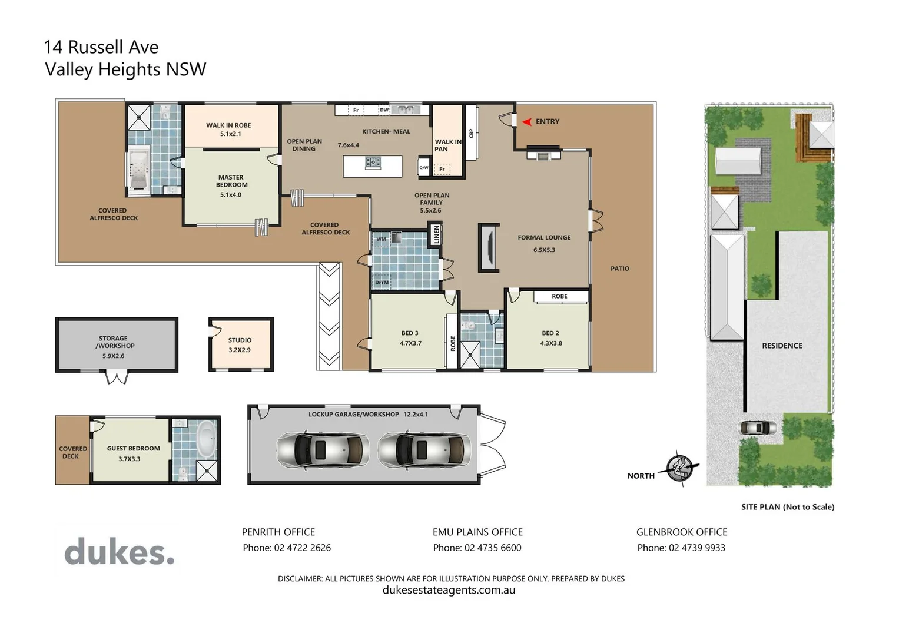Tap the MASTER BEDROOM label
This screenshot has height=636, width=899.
(231, 181)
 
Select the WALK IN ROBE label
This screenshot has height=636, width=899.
(228, 125)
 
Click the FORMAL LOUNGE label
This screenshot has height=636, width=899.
(544, 238)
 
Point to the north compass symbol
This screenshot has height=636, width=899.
(681, 468)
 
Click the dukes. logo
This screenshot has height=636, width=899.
(120, 552)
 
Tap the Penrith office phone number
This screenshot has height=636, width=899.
(302, 548)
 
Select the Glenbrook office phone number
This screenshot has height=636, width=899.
(696, 548)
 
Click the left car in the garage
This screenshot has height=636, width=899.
(323, 450)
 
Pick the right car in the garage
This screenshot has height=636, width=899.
(424, 450)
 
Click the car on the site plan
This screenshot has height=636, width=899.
(758, 428)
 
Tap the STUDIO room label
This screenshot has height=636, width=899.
(240, 340)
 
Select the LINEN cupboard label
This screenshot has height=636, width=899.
(436, 234)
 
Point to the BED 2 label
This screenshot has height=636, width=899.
(550, 333)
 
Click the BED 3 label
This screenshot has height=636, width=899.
(410, 333)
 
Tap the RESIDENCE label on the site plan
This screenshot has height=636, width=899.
(782, 346)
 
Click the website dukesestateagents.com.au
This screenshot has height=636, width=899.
(449, 590)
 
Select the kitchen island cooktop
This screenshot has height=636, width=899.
(373, 162)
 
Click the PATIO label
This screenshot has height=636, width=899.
(619, 269)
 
